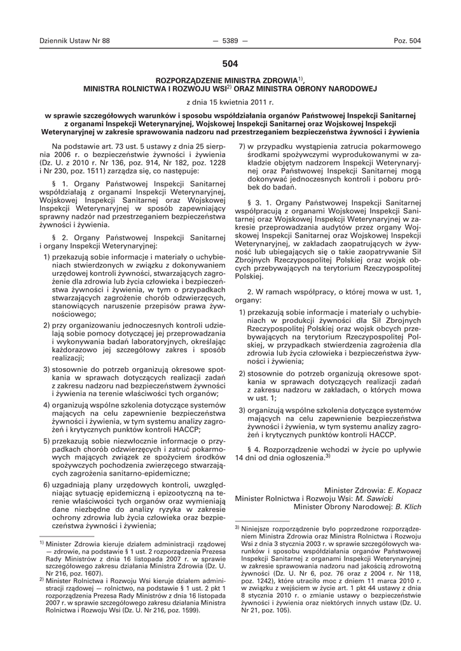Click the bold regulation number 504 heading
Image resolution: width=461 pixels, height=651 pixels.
tap(230, 64)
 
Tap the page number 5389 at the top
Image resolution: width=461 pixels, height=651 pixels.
tap(230, 41)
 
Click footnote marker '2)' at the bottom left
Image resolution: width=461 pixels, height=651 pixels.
tap(42, 580)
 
